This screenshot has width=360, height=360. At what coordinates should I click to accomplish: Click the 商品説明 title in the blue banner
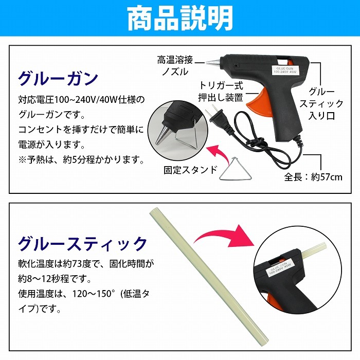pyautogui.click(x=180, y=19)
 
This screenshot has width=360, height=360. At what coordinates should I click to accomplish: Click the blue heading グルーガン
pyautogui.click(x=58, y=78)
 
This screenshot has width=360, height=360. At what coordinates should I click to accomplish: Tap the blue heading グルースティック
pyautogui.click(x=83, y=243)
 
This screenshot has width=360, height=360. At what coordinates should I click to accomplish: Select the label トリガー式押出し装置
pyautogui.click(x=221, y=92)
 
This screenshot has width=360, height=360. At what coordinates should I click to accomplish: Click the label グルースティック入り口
pyautogui.click(x=321, y=104)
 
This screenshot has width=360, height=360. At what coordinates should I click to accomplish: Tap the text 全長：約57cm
pyautogui.click(x=313, y=177)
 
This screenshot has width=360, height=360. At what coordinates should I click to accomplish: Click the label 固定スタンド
pyautogui.click(x=190, y=170)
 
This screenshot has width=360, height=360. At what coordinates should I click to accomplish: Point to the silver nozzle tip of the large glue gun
pyautogui.click(x=213, y=62)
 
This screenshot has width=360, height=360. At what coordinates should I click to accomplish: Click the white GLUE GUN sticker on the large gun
pyautogui.click(x=285, y=70)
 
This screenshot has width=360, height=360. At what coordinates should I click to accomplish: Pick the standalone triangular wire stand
pyautogui.click(x=236, y=168)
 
